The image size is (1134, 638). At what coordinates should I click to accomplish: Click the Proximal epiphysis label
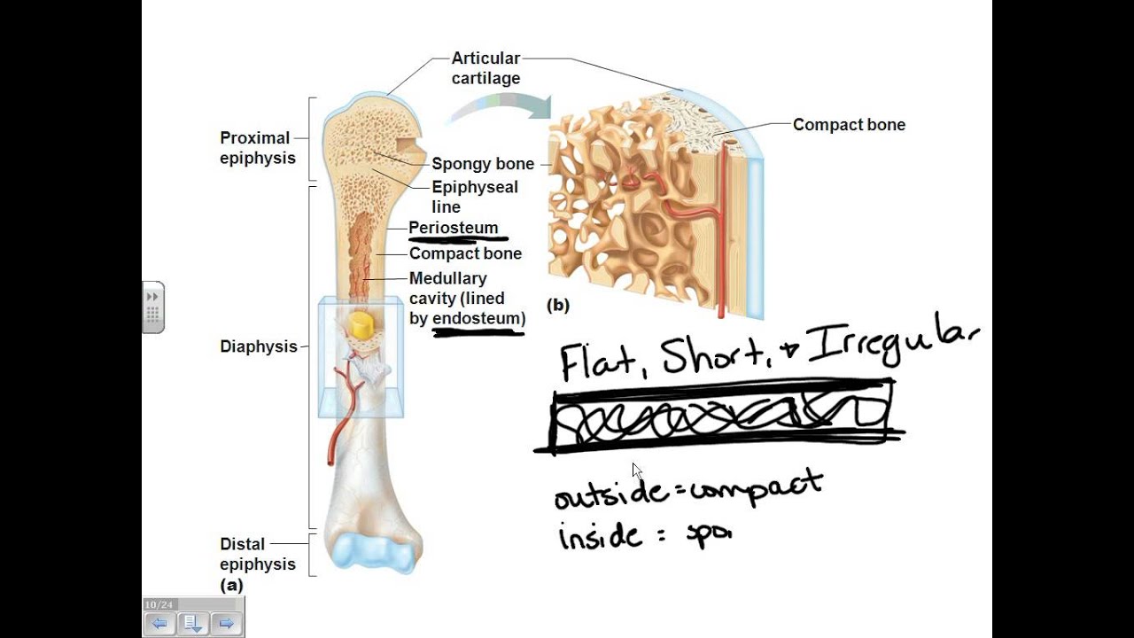tap(255, 148)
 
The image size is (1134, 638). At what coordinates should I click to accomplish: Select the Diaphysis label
tap(258, 346)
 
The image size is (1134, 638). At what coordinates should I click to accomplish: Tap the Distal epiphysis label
tap(257, 554)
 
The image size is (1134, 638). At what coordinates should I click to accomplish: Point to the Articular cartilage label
tap(485, 68)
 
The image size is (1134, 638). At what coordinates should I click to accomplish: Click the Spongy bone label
tap(483, 164)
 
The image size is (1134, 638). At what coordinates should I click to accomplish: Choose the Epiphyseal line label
tap(474, 197)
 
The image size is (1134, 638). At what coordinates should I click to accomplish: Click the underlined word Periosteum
tap(454, 228)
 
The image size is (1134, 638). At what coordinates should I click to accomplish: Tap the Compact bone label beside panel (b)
tap(849, 125)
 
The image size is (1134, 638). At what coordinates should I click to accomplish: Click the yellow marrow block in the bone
tap(361, 324)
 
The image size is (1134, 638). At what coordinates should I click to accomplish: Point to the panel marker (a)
tap(231, 585)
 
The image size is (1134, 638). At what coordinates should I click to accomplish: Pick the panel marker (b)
tap(558, 306)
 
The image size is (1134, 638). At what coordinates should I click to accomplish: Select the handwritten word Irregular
tap(895, 346)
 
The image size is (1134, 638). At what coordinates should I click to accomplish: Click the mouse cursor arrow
tap(637, 471)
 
